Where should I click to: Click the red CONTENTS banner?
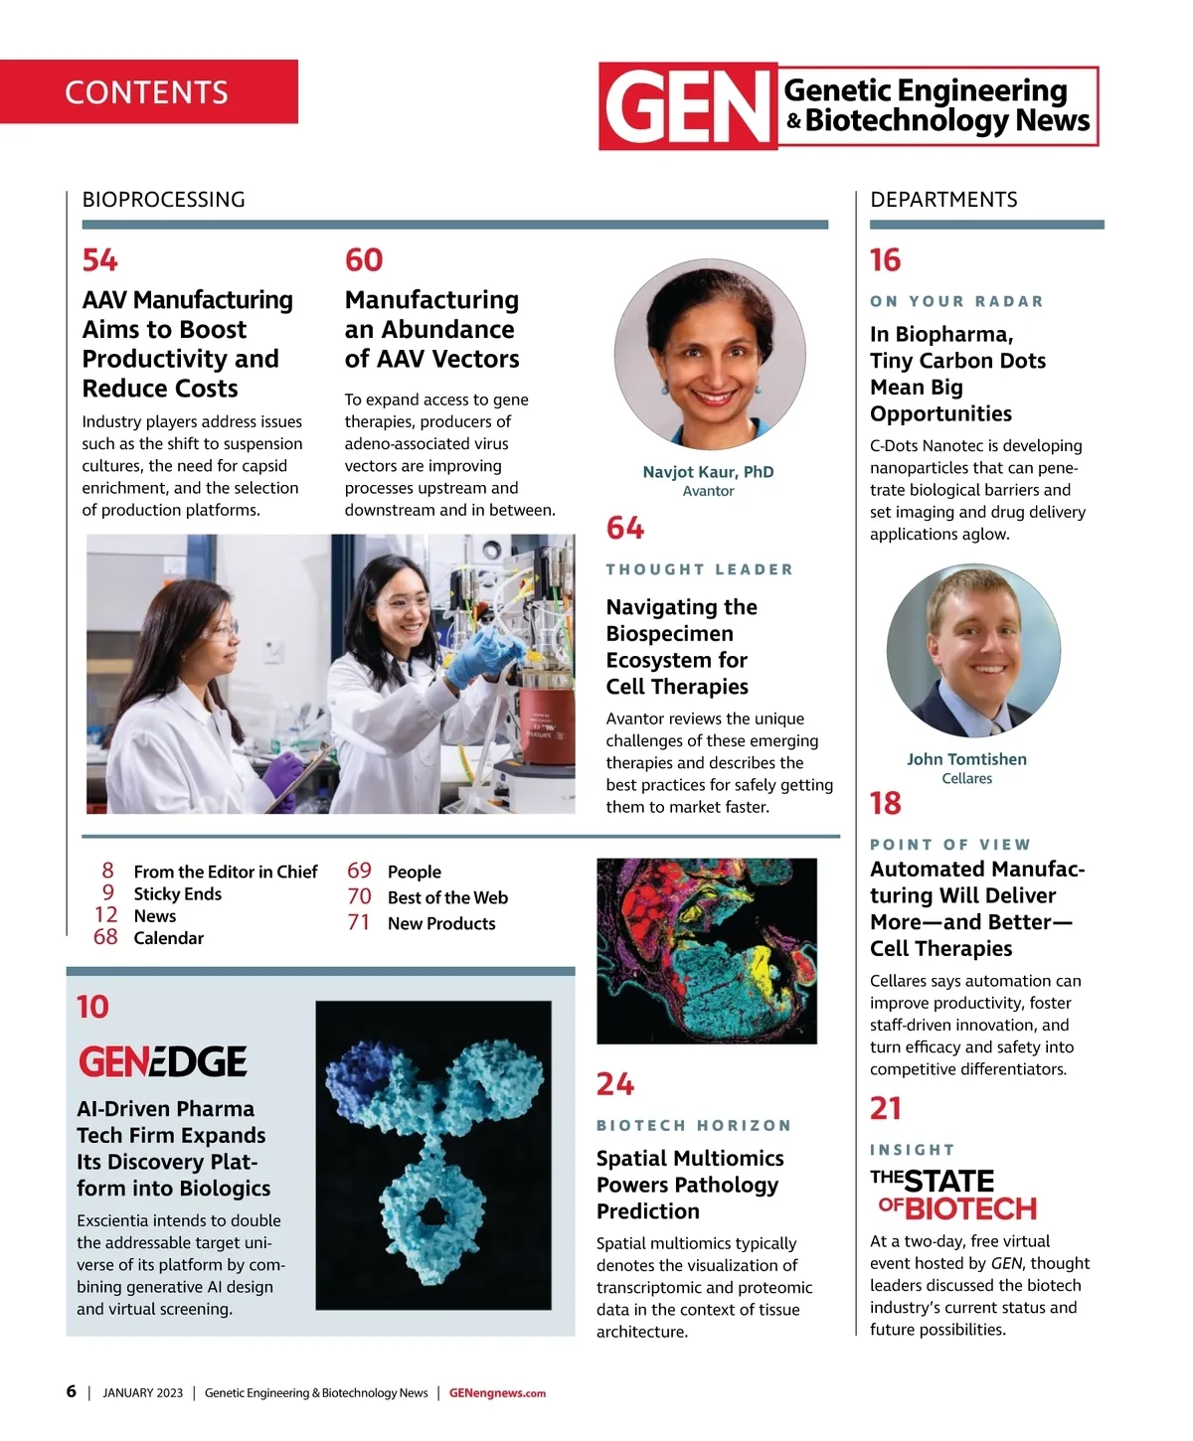click(148, 91)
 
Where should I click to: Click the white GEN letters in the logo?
click(687, 107)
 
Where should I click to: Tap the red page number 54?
click(100, 260)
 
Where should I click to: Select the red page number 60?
click(364, 260)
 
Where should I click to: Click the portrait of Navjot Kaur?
click(710, 355)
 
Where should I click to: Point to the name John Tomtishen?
click(966, 759)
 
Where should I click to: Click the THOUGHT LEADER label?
click(700, 569)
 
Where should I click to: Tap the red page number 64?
click(625, 528)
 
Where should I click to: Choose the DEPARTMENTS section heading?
click(943, 200)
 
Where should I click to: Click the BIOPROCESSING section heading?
click(163, 200)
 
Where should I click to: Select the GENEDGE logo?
click(163, 1061)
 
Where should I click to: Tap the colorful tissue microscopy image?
click(707, 951)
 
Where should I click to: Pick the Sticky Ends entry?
click(177, 894)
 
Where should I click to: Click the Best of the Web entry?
click(447, 898)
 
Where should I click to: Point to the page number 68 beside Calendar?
click(105, 937)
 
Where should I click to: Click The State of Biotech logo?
click(952, 1195)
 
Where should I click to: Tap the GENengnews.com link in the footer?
click(497, 1393)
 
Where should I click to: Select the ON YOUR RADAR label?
click(956, 301)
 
